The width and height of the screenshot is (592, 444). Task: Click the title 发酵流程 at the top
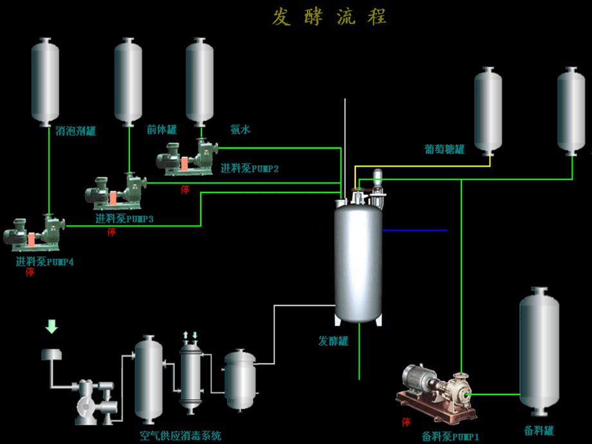click(x=329, y=17)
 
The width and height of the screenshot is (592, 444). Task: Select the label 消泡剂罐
click(x=75, y=131)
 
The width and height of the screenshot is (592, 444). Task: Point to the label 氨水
click(x=240, y=129)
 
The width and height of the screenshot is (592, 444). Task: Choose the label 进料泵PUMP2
click(x=250, y=169)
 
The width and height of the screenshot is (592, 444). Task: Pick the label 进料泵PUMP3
click(x=124, y=219)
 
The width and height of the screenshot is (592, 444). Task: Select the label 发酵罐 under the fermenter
click(x=333, y=341)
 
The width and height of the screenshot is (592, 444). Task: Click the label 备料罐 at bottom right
click(x=539, y=430)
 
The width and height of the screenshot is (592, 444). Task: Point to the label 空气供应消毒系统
click(x=180, y=436)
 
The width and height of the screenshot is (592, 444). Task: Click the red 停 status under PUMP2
click(x=185, y=189)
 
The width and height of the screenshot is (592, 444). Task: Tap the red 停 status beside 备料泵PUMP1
click(x=406, y=422)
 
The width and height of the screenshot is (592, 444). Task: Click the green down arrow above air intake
click(x=51, y=326)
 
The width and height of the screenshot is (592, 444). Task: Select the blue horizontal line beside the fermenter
click(x=414, y=230)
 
